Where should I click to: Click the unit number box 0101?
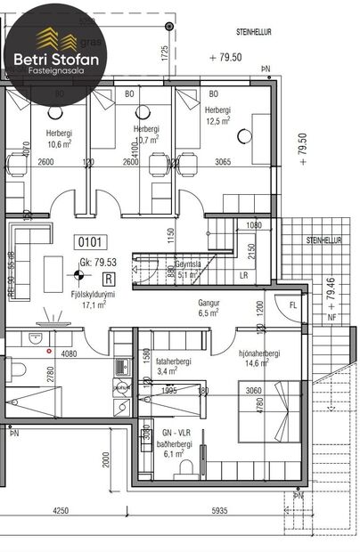click(x=93, y=240)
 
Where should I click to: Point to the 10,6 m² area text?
click(x=60, y=143)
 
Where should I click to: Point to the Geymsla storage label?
click(x=185, y=264)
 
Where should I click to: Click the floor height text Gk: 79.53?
click(x=97, y=263)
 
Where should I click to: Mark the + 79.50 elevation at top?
click(x=225, y=57)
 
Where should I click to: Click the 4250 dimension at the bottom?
click(x=61, y=513)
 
